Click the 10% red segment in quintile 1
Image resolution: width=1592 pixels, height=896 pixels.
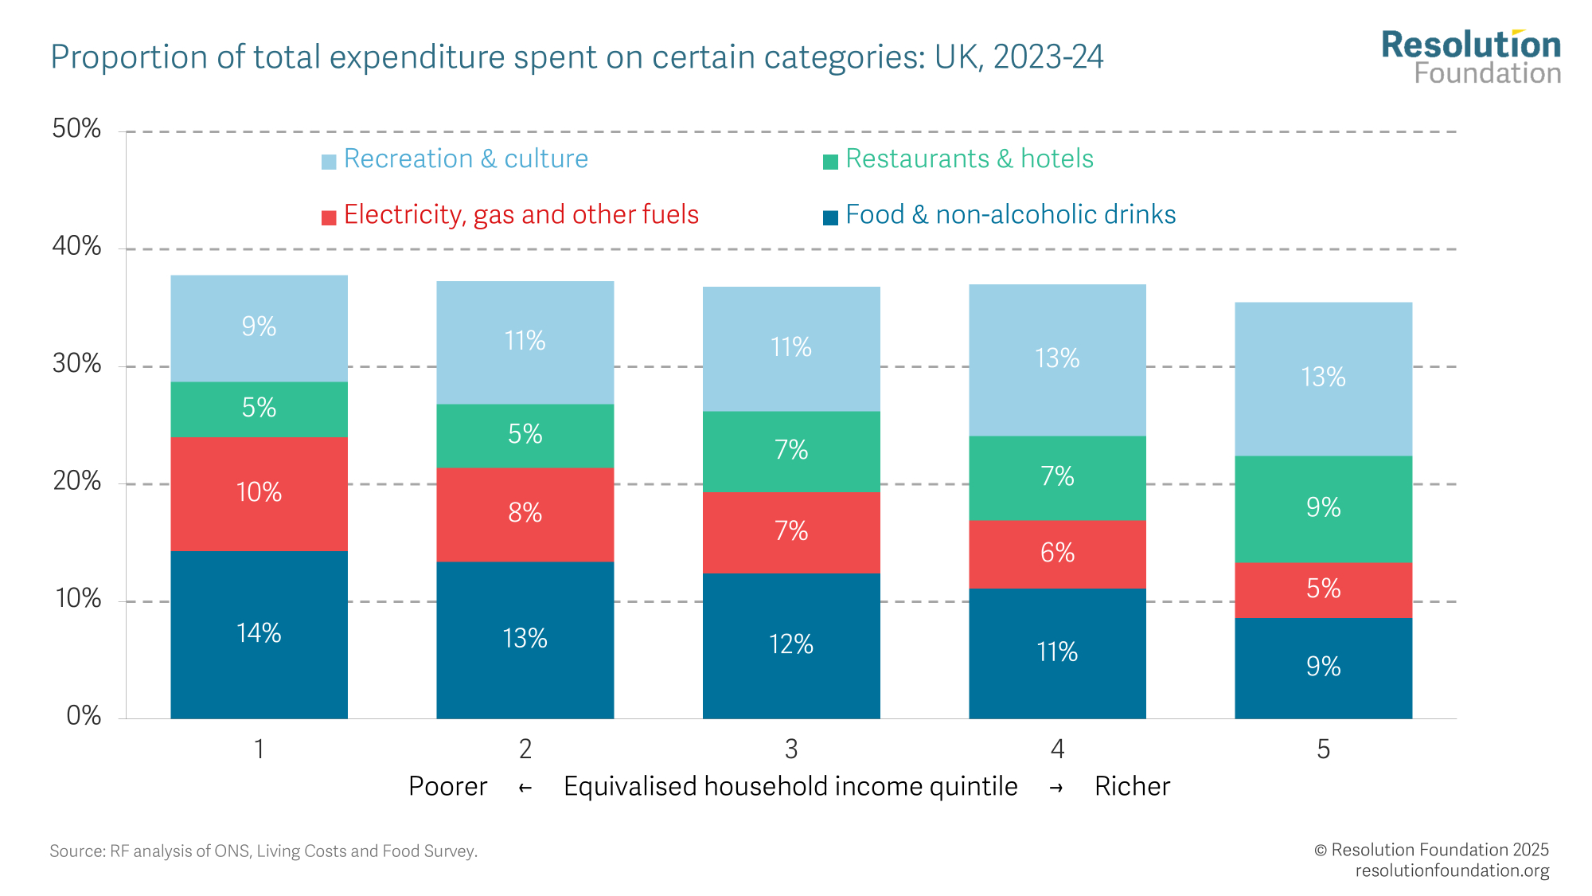259,493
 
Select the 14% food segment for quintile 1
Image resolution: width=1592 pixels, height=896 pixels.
259,634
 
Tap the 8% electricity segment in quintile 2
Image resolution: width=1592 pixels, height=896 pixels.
525,514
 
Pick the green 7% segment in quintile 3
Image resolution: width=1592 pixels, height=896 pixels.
791,451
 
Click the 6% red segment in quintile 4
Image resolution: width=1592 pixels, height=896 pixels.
1057,554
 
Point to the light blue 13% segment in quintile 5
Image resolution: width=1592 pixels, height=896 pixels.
1323,378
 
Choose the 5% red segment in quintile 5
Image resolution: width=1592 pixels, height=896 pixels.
1323,589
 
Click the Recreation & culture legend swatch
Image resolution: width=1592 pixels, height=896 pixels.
329,162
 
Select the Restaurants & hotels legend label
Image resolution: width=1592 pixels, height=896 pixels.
969,159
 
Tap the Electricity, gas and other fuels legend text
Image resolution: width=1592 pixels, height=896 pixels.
521,215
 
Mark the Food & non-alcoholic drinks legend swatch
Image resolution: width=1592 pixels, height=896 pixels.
830,217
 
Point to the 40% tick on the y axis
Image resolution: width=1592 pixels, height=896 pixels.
76,246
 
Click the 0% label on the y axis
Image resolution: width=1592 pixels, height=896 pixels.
84,716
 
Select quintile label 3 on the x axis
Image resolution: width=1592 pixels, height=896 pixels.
791,749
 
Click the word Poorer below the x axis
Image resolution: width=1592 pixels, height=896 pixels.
447,787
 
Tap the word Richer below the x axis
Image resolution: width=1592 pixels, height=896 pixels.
1132,787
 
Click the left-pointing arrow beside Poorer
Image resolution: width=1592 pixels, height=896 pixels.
525,788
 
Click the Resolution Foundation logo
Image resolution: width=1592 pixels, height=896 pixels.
1470,57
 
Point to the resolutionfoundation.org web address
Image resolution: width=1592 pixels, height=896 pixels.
1452,871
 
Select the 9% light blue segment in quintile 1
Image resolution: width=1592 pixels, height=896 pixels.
259,327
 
